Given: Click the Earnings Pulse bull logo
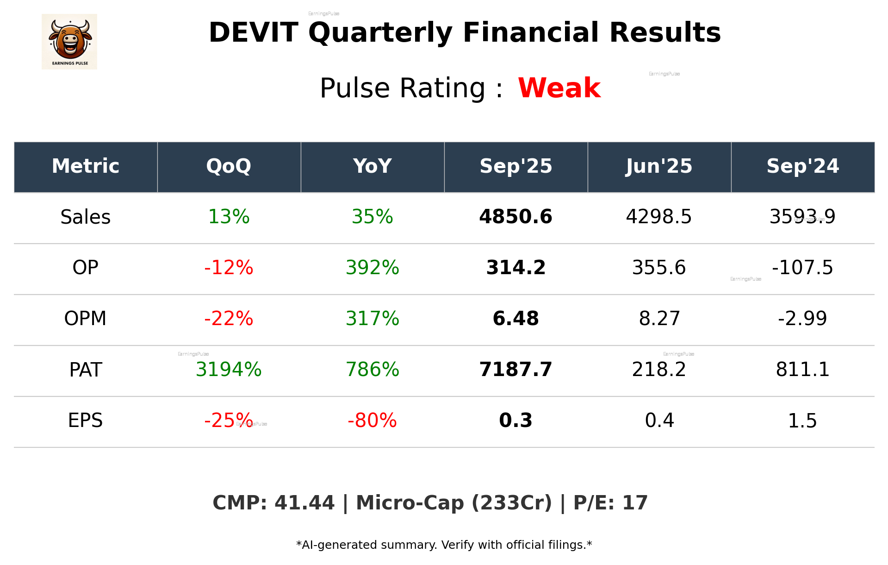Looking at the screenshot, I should tap(69, 42).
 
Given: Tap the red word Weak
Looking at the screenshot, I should tap(559, 88).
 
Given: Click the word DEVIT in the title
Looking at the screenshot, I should tap(253, 33).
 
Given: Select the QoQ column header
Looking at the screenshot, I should tap(229, 166).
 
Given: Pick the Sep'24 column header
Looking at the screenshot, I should tap(802, 166).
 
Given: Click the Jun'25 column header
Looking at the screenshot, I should tap(659, 166).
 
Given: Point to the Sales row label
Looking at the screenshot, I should tap(86, 217).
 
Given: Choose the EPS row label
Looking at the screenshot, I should tap(86, 421).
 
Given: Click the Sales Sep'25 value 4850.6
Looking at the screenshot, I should tap(515, 217).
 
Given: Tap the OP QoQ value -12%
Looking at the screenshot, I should tap(229, 268).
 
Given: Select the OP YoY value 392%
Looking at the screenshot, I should tap(372, 268).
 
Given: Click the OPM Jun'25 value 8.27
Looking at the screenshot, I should tap(659, 319).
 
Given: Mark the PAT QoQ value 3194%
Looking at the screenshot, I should tap(229, 370).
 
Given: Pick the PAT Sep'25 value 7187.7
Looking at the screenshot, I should tap(515, 370).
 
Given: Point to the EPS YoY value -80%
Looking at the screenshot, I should tap(372, 421).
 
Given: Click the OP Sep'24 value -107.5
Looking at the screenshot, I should tap(802, 268).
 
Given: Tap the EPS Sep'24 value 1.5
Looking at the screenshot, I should tap(802, 421).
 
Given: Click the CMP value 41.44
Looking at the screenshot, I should tap(304, 503).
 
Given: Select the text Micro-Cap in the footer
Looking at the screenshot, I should tap(410, 503).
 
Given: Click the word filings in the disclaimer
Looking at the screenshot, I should tap(569, 545).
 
